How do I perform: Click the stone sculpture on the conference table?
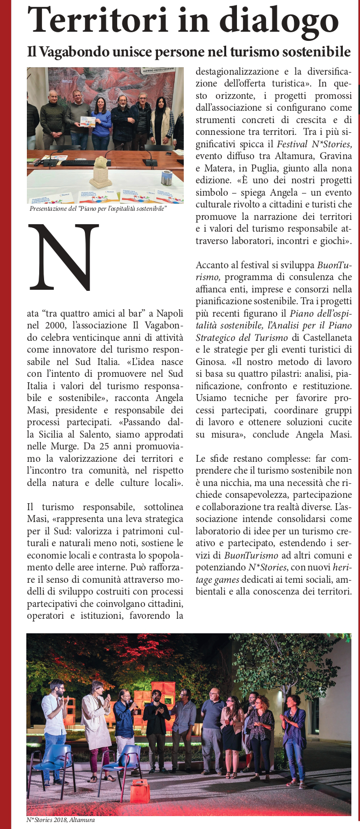[100, 173]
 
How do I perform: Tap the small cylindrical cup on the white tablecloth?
[167, 178]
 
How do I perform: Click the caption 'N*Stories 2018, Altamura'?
[57, 820]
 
